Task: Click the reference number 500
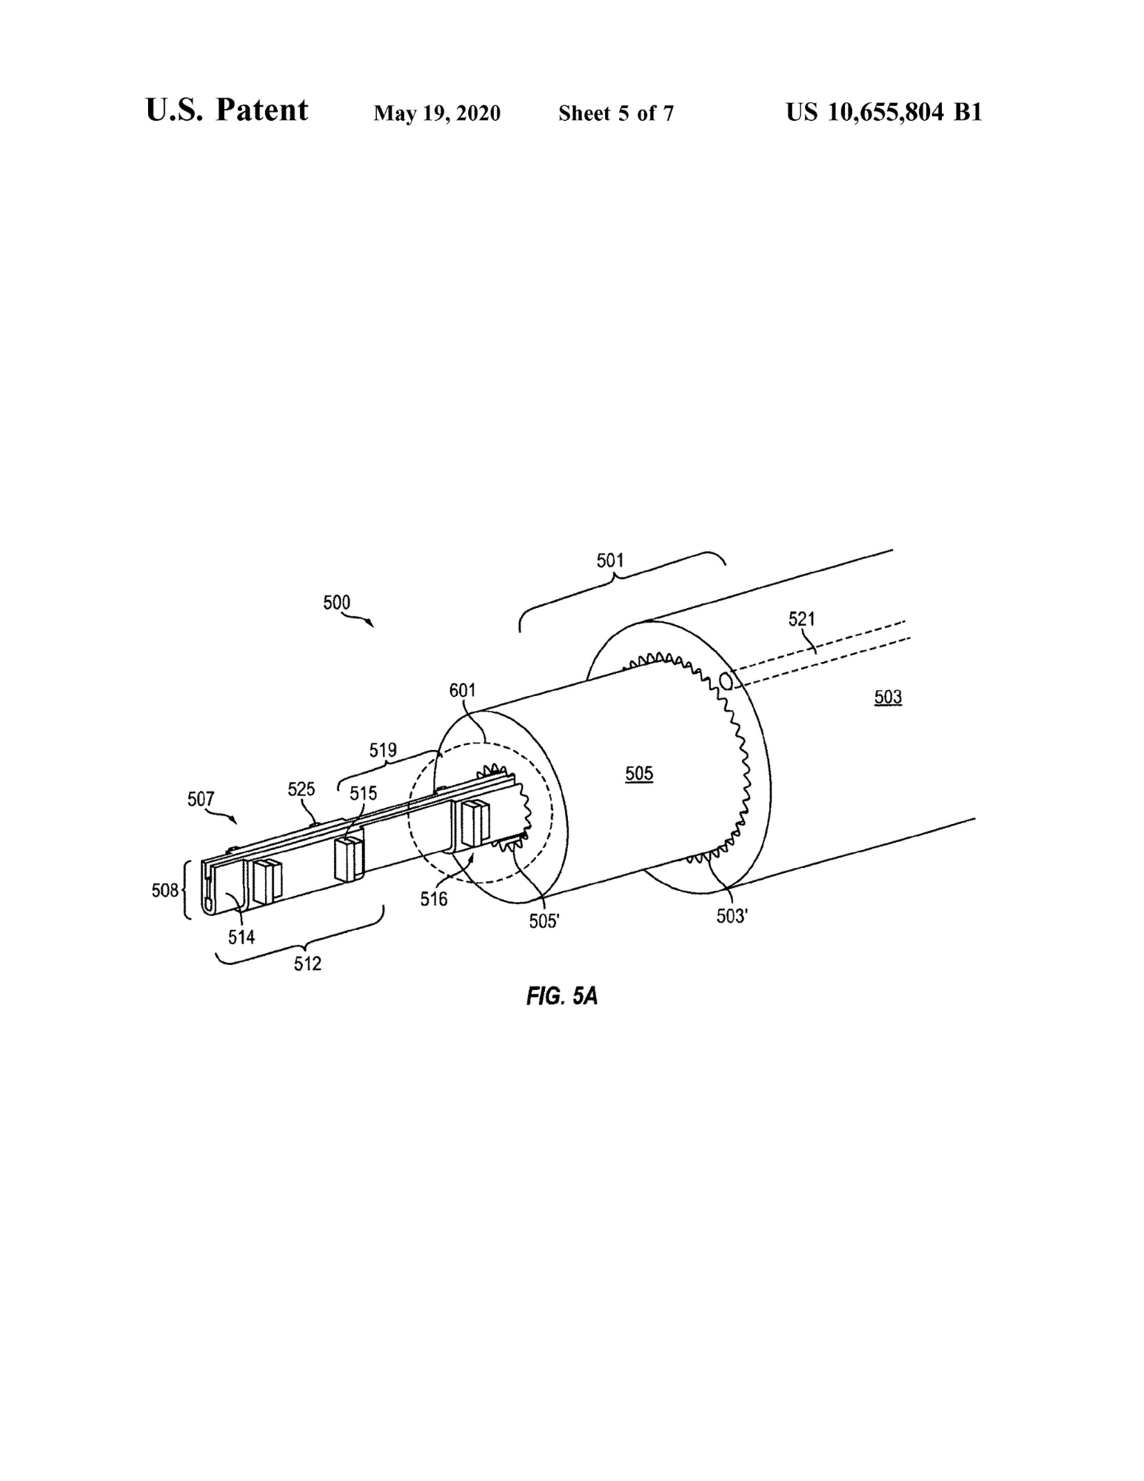click(336, 602)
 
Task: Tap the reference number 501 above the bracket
click(610, 561)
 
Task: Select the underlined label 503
click(888, 697)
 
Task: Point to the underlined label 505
click(639, 774)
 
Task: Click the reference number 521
click(802, 618)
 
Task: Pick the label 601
click(463, 690)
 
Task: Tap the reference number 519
click(383, 750)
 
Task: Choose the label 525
click(301, 789)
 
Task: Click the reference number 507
click(201, 799)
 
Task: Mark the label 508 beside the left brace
click(165, 890)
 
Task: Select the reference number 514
click(241, 937)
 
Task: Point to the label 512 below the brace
click(307, 964)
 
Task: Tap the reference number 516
click(434, 899)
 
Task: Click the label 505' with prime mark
click(544, 922)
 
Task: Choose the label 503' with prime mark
click(732, 917)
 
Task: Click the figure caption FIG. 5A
click(562, 996)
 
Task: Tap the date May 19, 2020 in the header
click(437, 113)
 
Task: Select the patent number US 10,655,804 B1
click(884, 112)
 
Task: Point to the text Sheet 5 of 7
click(616, 113)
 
